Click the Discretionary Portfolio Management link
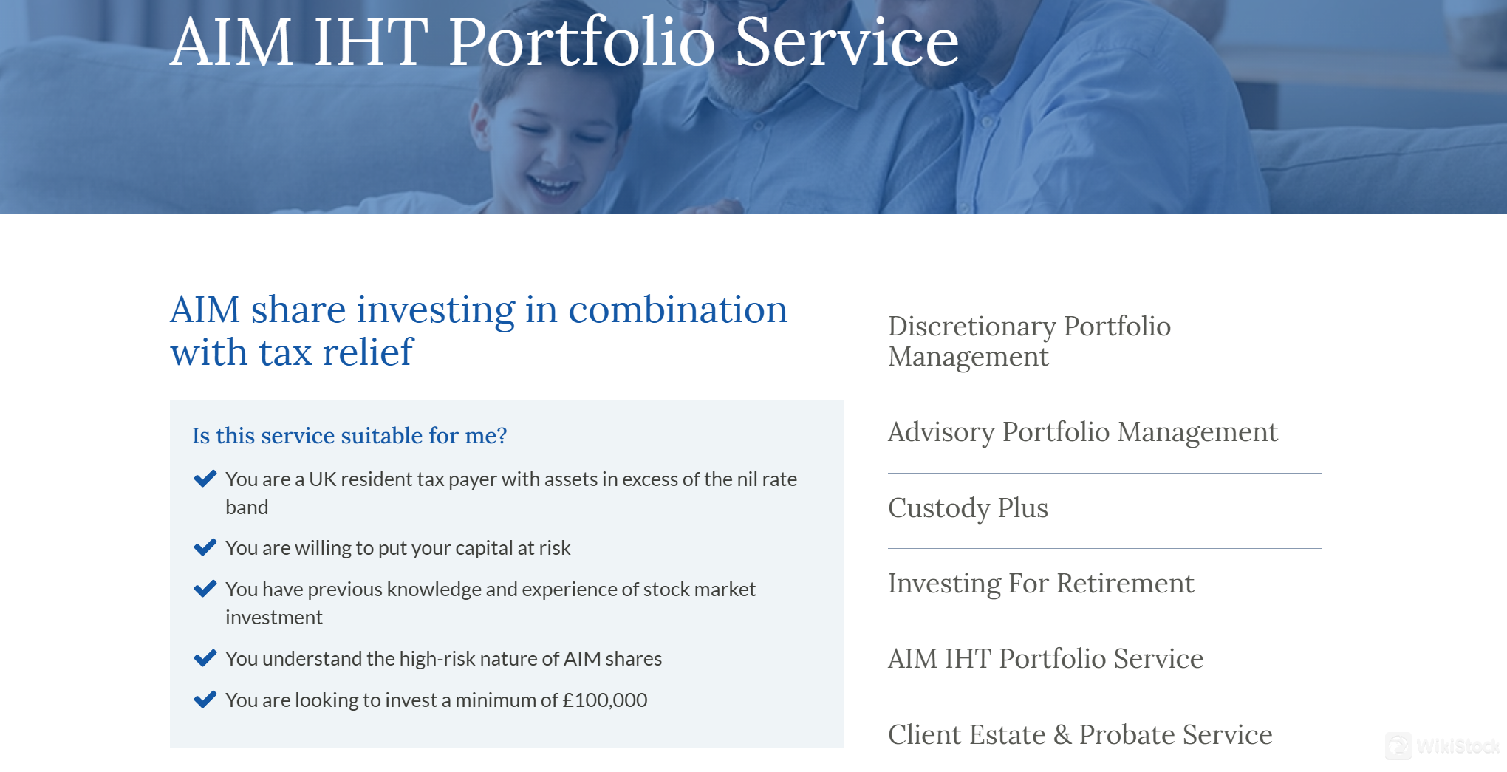1029,341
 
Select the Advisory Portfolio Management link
1082,432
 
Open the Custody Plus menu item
968,508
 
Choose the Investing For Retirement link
1040,584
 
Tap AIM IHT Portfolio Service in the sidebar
1045,659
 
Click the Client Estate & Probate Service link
1080,735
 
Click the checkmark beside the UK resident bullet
205,479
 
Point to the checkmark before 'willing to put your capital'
205,547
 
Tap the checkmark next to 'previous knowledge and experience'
205,589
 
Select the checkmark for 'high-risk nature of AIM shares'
205,657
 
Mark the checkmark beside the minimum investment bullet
205,699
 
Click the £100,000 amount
604,700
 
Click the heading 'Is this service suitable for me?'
349,436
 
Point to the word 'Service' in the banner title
847,43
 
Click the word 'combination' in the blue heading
677,310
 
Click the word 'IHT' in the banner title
371,43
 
